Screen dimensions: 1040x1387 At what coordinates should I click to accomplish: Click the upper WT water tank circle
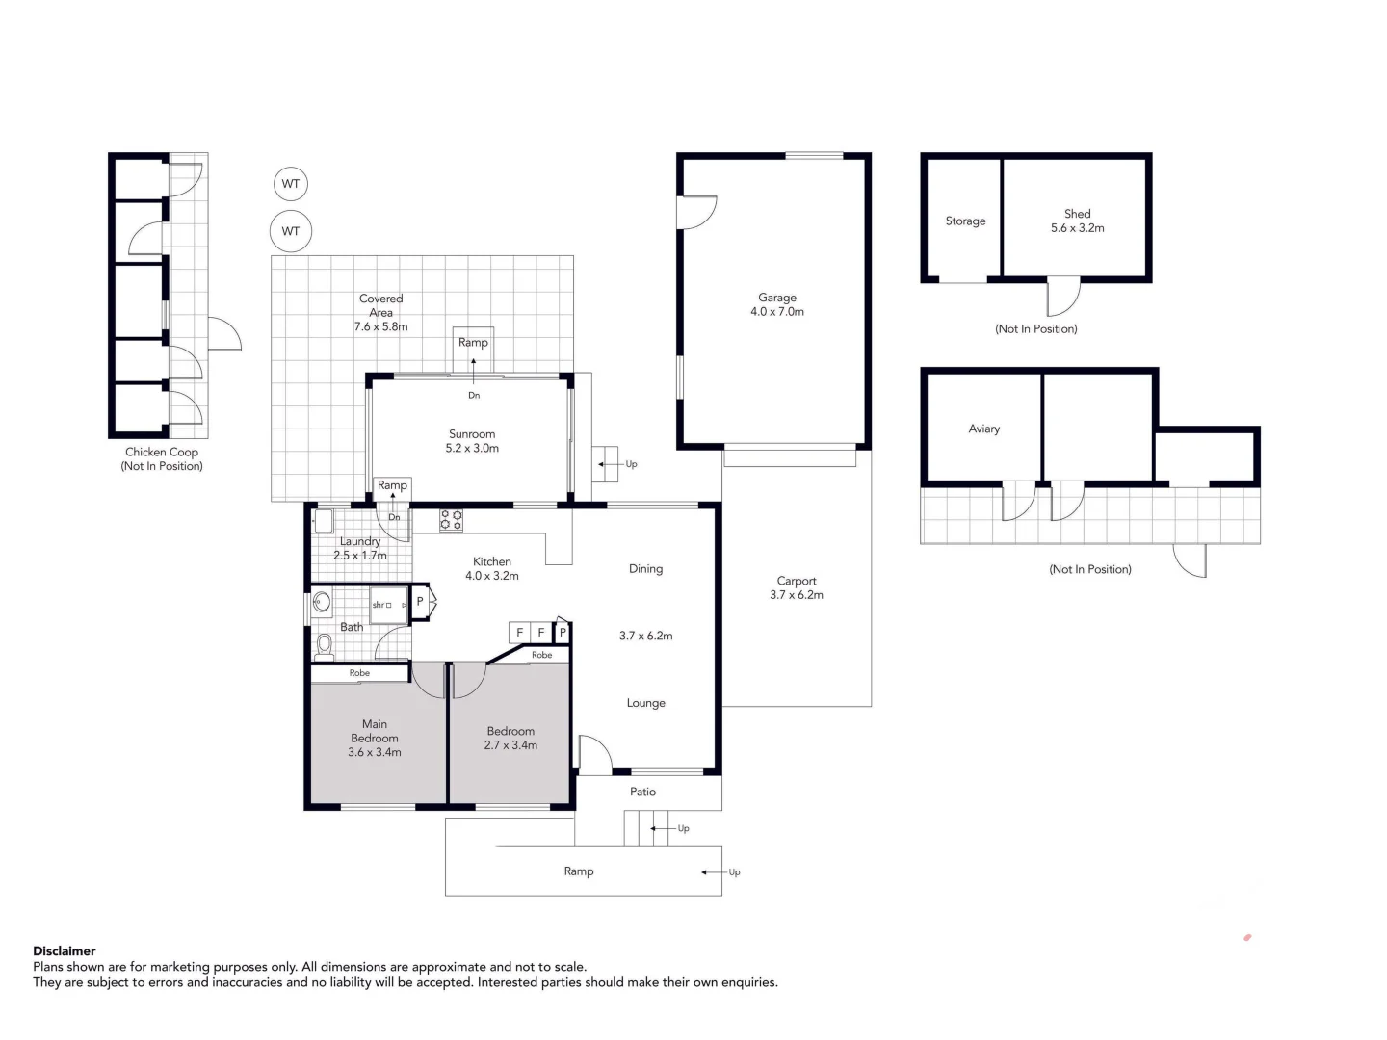point(291,184)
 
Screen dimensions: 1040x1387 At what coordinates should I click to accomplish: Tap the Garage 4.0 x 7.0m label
point(777,305)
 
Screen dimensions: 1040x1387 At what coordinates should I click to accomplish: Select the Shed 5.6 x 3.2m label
point(1077,221)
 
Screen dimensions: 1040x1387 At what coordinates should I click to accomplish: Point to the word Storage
point(965,221)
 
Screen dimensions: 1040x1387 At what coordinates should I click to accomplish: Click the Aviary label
point(983,429)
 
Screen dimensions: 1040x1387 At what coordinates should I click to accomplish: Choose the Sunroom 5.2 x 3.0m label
point(472,441)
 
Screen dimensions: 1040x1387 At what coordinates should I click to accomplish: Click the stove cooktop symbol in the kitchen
point(451,521)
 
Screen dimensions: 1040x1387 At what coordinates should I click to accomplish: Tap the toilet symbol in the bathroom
point(324,646)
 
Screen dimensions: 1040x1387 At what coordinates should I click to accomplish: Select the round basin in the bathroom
point(322,604)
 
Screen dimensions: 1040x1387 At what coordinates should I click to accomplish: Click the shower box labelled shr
point(388,605)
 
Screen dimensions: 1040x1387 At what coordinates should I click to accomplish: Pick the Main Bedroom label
point(375,739)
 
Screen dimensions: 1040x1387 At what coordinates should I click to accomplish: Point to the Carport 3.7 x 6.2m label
point(797,588)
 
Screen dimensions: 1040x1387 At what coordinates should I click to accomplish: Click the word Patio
point(642,793)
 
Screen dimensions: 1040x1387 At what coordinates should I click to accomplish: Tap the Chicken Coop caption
point(162,459)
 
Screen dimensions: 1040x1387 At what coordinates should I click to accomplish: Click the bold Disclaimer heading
point(65,951)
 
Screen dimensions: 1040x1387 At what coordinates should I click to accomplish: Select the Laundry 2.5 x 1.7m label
point(360,549)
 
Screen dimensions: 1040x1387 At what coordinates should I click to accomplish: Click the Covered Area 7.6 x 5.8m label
point(380,313)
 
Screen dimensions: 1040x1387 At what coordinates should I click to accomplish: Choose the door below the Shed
point(1063,297)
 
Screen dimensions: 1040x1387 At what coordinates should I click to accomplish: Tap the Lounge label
point(645,704)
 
